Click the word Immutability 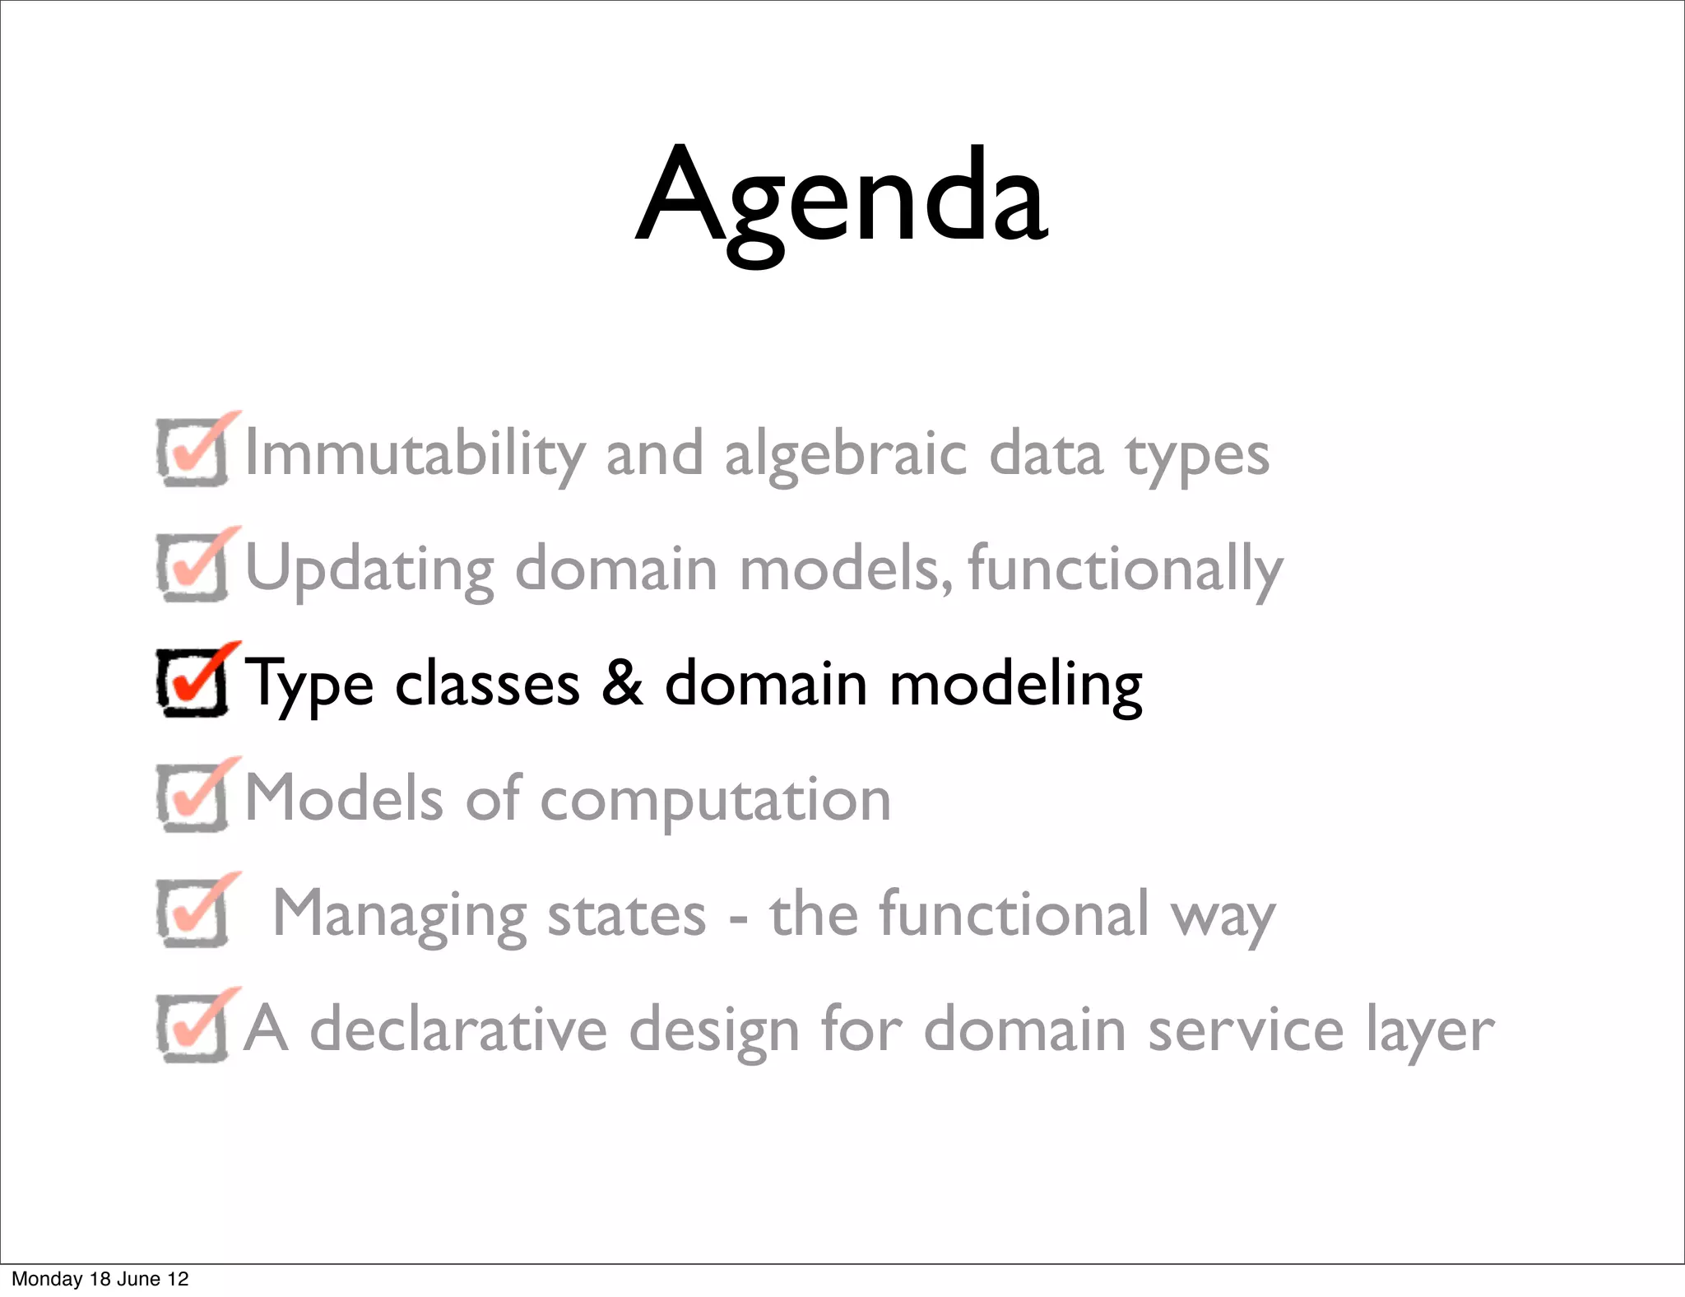coord(415,453)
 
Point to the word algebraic coord(845,455)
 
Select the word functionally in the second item coord(1125,570)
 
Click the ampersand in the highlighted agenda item coord(622,682)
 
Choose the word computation coord(715,801)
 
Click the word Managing coord(400,916)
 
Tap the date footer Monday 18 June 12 coord(100,1279)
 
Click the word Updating coord(370,570)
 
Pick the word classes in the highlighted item coord(487,684)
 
